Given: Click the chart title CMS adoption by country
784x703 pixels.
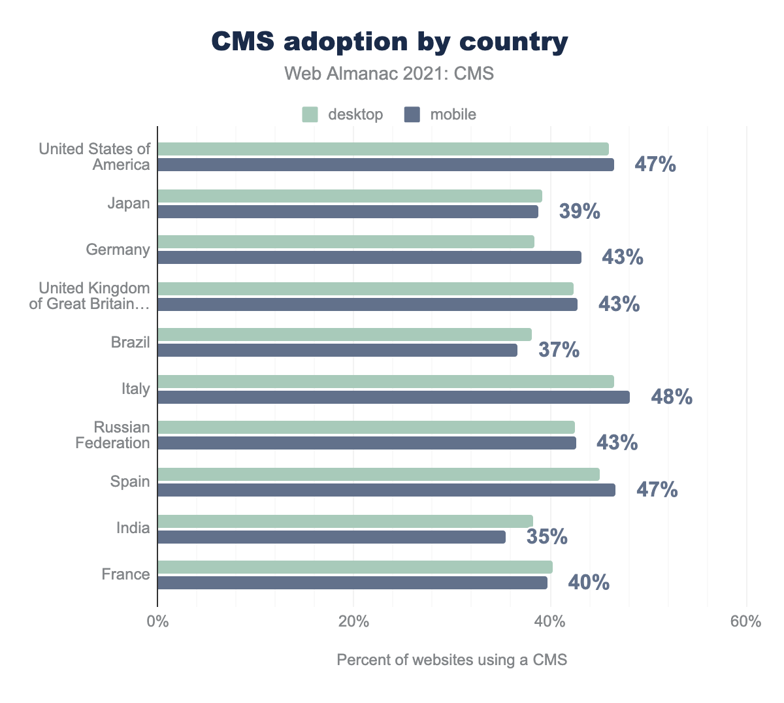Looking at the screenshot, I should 390,42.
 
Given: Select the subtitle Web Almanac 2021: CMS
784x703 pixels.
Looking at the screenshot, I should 389,74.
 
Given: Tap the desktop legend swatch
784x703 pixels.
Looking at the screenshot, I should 310,115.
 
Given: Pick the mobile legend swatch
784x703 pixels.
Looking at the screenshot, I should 412,115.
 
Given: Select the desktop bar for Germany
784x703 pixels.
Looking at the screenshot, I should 346,242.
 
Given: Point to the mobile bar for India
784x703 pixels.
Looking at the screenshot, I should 331,537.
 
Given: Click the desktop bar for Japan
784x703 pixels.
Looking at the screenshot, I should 350,196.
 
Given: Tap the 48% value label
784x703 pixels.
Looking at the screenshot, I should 672,397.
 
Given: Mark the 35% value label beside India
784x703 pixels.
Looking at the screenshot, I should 547,537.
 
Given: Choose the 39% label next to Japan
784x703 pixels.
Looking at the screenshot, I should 580,212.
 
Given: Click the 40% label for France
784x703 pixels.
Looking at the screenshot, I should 589,583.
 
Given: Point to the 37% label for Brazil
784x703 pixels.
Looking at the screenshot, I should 559,350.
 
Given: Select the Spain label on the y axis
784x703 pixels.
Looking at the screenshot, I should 130,482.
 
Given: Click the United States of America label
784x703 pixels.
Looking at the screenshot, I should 95,157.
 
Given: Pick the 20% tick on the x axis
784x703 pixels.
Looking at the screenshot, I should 353,622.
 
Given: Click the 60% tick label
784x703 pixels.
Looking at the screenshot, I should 745,622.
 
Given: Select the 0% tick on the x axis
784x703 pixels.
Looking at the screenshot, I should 157,622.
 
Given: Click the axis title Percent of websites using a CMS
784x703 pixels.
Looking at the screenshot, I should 451,660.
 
